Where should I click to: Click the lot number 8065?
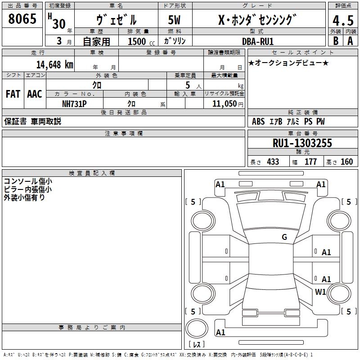point(22,19)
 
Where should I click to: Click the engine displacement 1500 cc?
point(140,41)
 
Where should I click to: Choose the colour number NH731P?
point(74,103)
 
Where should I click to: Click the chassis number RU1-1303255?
point(302,143)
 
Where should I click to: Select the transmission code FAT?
point(13,94)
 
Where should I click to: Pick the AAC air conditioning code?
point(35,94)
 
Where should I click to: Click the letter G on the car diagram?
point(284,237)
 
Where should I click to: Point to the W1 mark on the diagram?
point(320,292)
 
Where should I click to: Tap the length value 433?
point(273,162)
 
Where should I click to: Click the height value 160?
point(346,162)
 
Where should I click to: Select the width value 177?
point(310,162)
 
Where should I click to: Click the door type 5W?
point(174,20)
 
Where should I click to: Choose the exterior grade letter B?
point(335,41)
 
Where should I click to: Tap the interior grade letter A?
point(350,41)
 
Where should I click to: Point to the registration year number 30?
point(58,24)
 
